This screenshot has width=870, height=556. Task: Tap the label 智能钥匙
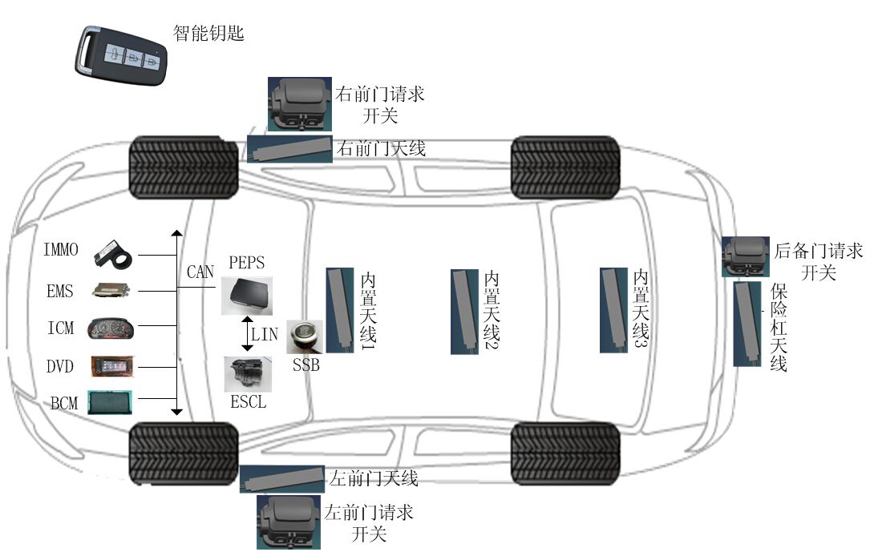208,33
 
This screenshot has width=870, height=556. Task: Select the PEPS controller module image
246,296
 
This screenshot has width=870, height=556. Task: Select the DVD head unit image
111,367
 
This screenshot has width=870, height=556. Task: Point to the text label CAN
200,272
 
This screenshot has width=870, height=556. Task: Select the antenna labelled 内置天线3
614,310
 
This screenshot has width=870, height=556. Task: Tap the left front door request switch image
289,521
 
